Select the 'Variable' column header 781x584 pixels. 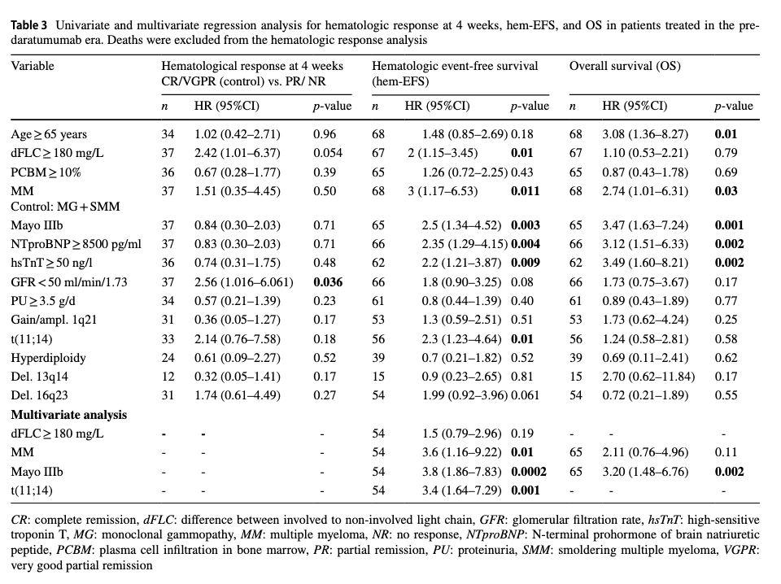pyautogui.click(x=33, y=66)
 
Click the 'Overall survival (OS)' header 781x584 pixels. pyautogui.click(x=625, y=66)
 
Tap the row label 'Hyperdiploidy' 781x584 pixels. pyautogui.click(x=48, y=358)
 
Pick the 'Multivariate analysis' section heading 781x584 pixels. pyautogui.click(x=68, y=415)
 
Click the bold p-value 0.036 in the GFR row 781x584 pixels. pyautogui.click(x=328, y=282)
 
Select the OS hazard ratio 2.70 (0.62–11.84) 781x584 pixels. pyautogui.click(x=648, y=377)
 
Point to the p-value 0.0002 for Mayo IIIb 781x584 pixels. pyautogui.click(x=529, y=472)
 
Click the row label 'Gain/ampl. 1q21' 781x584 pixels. pyautogui.click(x=54, y=320)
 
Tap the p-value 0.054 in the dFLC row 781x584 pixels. pyautogui.click(x=328, y=153)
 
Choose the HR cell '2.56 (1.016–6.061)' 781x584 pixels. pyautogui.click(x=243, y=282)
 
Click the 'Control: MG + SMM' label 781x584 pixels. pyautogui.click(x=65, y=207)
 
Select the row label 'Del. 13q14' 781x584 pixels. pyautogui.click(x=39, y=377)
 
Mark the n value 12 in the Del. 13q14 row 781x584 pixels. pyautogui.click(x=168, y=377)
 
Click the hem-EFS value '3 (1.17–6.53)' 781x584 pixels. pyautogui.click(x=443, y=191)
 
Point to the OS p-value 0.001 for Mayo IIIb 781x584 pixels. pyautogui.click(x=729, y=225)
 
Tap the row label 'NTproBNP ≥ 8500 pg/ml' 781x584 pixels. pyautogui.click(x=76, y=245)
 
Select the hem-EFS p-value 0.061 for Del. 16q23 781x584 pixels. pyautogui.click(x=525, y=395)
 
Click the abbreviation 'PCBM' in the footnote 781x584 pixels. pyautogui.click(x=68, y=550)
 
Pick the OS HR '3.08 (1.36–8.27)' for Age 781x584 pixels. pyautogui.click(x=645, y=134)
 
